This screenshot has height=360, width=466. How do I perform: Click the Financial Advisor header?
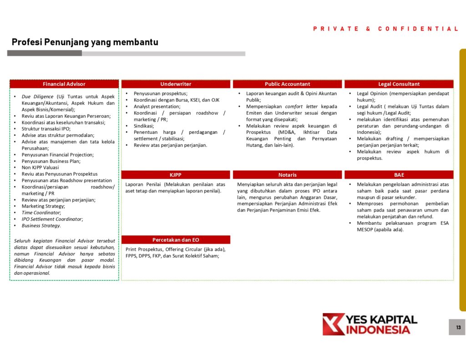click(x=64, y=84)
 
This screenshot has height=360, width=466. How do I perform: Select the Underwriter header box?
click(x=176, y=84)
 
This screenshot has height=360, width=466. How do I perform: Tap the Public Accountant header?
click(x=287, y=84)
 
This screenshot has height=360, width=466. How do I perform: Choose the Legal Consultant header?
click(x=399, y=84)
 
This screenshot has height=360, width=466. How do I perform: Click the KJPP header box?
click(x=176, y=175)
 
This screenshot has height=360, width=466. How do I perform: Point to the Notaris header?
click(x=287, y=175)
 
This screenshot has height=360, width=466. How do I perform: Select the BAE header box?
click(x=399, y=175)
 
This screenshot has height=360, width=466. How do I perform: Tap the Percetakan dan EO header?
click(x=176, y=240)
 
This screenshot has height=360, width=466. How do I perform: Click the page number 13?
click(x=457, y=327)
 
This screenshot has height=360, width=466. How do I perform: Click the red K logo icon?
click(x=333, y=324)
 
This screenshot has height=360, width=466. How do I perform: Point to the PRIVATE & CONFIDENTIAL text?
click(x=385, y=29)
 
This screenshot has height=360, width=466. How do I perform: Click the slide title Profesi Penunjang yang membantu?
click(x=85, y=42)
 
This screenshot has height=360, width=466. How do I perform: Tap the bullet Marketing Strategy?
click(x=43, y=206)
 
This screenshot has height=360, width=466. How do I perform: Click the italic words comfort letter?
click(x=301, y=106)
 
